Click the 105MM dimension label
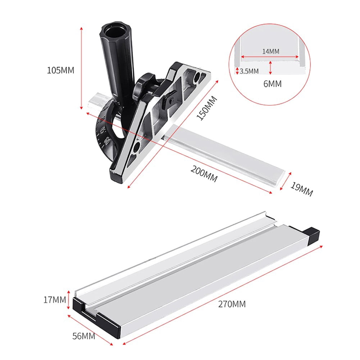[x=61, y=70]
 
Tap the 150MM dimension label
[x=207, y=108]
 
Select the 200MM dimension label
[x=204, y=174]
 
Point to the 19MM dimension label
[x=301, y=189]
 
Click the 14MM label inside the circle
[x=271, y=51]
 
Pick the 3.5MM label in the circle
[x=249, y=71]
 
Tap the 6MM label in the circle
[x=272, y=84]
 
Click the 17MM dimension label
[x=55, y=300]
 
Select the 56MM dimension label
[x=84, y=336]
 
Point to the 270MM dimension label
[x=232, y=304]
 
